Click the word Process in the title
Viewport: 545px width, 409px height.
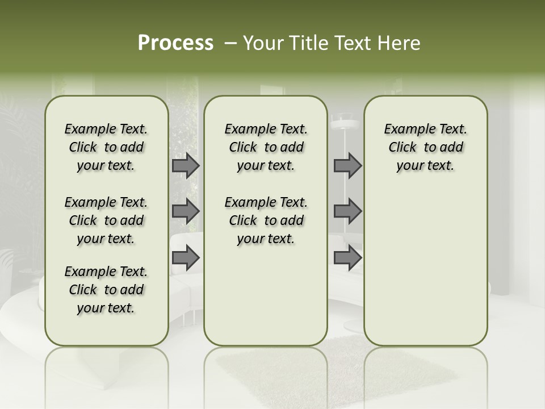click(175, 43)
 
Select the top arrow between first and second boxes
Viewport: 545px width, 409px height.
click(186, 165)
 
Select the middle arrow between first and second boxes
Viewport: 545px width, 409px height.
click(186, 211)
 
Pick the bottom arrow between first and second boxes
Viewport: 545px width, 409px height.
click(186, 258)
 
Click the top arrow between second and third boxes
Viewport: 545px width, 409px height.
click(347, 165)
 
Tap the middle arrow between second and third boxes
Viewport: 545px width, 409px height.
click(347, 211)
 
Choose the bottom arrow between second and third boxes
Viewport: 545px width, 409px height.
click(347, 258)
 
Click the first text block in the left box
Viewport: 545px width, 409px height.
click(106, 147)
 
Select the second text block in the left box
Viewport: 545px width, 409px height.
click(106, 220)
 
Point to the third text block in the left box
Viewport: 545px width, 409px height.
click(106, 290)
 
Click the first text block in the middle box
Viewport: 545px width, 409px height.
click(266, 147)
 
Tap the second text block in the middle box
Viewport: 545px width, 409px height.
click(266, 220)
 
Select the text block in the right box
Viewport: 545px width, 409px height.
click(425, 147)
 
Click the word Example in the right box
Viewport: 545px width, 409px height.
click(407, 130)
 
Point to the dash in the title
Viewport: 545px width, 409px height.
click(230, 43)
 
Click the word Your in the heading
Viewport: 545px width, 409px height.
click(263, 43)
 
